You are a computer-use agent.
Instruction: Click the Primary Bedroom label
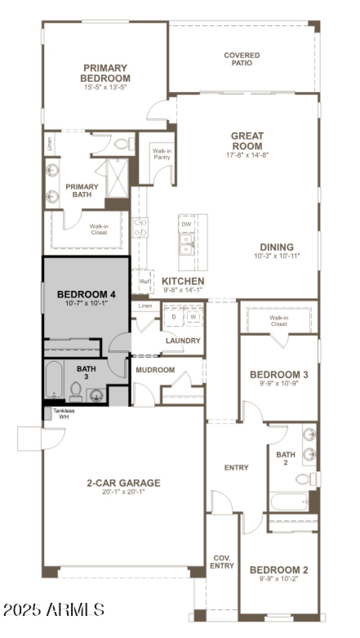point(105,73)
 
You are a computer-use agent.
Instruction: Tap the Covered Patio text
point(242,59)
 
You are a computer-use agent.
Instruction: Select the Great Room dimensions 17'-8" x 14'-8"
point(247,155)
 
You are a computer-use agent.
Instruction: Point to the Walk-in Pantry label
point(161,154)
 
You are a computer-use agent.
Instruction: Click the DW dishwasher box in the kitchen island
point(186,224)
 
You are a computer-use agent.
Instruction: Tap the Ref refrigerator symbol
point(144,281)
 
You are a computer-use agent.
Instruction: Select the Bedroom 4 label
point(86,294)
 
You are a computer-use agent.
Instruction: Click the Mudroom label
point(155,370)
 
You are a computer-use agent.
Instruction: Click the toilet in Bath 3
point(76,391)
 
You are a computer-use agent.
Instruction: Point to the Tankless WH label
point(63,413)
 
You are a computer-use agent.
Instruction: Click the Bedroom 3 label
point(279,375)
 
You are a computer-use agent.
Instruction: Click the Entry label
point(236,468)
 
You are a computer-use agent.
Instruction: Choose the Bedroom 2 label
point(279,570)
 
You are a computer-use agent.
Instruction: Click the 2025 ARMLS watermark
point(54,610)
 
